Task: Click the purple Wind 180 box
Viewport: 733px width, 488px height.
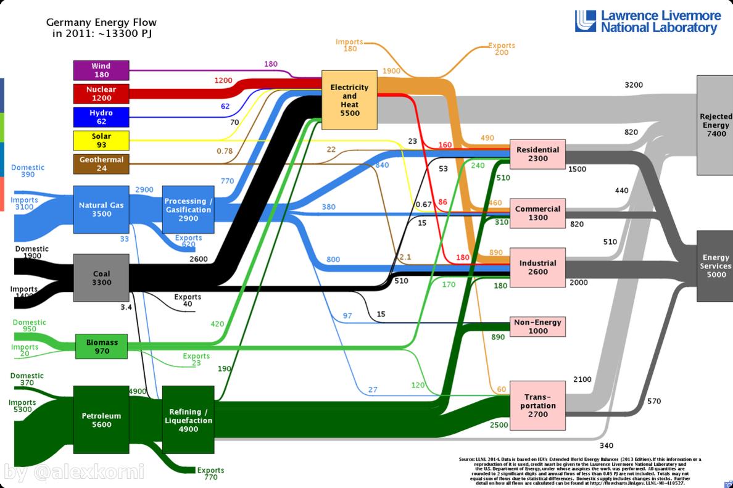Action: (101, 70)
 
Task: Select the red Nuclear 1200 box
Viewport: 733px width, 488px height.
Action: (101, 94)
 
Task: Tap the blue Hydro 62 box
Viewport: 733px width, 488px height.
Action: (101, 117)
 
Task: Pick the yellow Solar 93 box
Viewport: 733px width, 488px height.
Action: (101, 141)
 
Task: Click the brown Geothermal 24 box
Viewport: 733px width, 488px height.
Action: (101, 164)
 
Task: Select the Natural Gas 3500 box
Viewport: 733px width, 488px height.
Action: (101, 209)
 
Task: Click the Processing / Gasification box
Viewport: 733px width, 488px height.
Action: (188, 209)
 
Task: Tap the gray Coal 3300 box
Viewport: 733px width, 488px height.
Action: (101, 278)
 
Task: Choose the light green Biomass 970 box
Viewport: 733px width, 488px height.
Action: (101, 346)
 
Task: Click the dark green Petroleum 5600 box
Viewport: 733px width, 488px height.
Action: (101, 420)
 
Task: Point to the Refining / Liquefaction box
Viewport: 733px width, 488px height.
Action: (188, 420)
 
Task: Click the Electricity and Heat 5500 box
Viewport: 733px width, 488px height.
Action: (349, 101)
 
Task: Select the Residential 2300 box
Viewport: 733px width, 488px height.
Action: (537, 154)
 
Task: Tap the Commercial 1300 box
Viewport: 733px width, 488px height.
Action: (537, 213)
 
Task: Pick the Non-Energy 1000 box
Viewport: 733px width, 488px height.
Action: (537, 326)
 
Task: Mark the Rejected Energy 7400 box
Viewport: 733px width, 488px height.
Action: (714, 125)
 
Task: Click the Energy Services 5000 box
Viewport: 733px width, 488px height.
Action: (714, 266)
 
